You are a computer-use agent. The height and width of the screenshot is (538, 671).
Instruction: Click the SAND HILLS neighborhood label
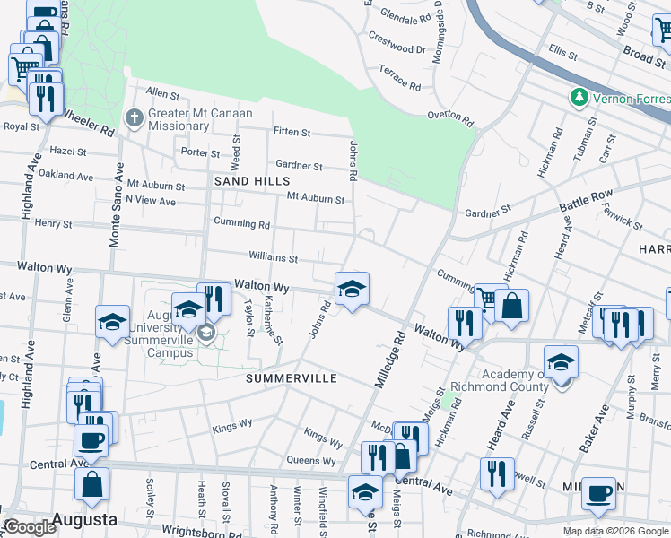point(242,180)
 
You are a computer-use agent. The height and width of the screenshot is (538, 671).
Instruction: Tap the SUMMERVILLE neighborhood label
point(292,378)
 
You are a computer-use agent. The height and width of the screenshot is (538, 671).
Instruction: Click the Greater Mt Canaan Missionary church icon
point(134,117)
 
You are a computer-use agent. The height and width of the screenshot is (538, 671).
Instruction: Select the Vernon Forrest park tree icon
point(579,97)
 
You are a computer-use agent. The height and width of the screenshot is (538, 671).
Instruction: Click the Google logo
point(30,527)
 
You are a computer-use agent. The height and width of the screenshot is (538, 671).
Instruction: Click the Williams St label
point(273,258)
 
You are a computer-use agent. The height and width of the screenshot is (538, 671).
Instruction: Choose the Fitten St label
point(292,133)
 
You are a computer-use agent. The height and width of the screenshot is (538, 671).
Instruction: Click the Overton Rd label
point(449,116)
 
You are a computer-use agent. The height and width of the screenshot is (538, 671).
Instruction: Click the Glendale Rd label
point(406,16)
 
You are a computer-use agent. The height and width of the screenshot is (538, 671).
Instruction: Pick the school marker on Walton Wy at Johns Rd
point(352,289)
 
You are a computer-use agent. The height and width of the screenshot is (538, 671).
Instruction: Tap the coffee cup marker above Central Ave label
point(91,440)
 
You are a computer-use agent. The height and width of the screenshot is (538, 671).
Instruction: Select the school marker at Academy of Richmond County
point(561,362)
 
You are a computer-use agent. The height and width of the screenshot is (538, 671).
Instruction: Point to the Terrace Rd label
point(399,78)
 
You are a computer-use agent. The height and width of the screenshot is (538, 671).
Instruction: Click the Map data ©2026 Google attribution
point(614,531)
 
